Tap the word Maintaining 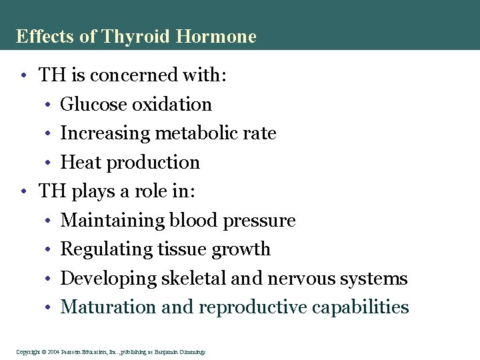tap(113, 220)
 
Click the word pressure tap(260, 220)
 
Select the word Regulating tap(107, 249)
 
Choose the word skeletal tap(193, 278)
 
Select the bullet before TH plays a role tap(23, 192)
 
